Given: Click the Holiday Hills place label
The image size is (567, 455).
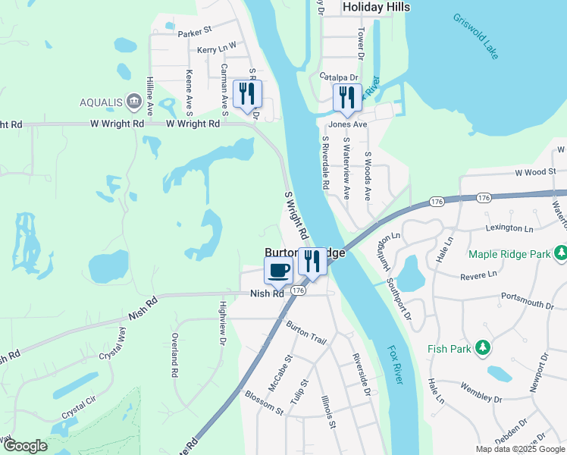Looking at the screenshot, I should click(x=376, y=7).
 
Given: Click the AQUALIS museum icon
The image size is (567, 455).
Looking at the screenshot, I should click(x=133, y=102).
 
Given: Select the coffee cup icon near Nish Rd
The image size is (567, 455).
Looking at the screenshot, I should click(x=278, y=269).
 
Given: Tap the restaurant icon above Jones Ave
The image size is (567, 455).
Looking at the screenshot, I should click(x=347, y=96).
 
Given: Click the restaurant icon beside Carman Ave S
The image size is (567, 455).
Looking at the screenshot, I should click(x=247, y=94).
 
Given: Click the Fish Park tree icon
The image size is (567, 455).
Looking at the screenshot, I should click(x=481, y=348).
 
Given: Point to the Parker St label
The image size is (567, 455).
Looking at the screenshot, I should click(x=195, y=33).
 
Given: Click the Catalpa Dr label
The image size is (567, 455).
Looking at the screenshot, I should click(x=338, y=76).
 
